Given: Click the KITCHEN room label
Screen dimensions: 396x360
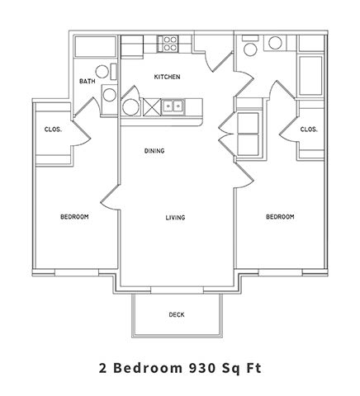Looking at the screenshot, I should [168, 78].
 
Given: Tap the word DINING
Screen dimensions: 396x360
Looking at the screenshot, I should [154, 151].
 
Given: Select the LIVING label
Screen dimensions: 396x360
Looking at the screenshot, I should [174, 218].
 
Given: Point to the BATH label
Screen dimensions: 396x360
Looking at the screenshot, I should [87, 82].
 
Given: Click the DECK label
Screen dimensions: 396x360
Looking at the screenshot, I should [176, 314].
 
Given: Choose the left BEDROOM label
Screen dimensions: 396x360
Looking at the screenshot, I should [74, 217].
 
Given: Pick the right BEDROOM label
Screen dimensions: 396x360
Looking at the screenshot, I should [279, 217].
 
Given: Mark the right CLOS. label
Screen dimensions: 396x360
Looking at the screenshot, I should [309, 130].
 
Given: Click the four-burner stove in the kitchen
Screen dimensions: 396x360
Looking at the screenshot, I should [170, 43].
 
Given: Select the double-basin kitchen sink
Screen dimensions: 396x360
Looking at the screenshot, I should [173, 106].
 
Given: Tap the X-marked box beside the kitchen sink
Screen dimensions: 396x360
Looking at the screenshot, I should [152, 106].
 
